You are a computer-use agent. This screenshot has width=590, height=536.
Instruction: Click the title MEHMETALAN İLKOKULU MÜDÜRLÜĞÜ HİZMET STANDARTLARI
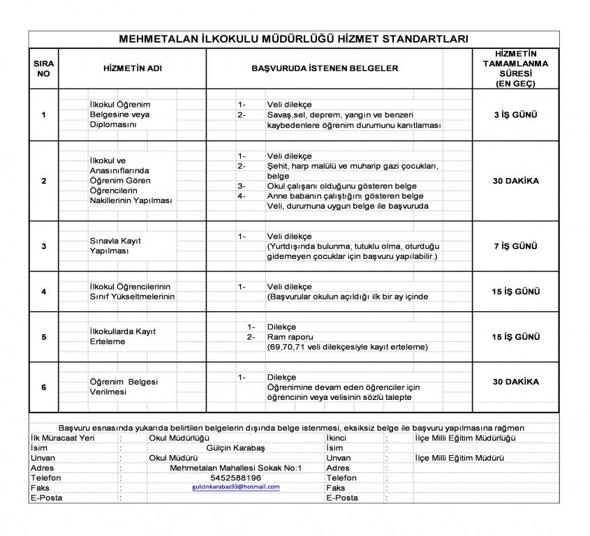coord(293,39)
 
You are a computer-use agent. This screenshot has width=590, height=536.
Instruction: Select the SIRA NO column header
coord(43,68)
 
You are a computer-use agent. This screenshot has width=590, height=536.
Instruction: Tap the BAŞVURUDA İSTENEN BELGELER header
coord(325,68)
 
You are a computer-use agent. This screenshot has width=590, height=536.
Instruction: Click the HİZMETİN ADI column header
coord(132,68)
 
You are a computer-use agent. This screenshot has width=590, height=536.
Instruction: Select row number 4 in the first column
coord(43,292)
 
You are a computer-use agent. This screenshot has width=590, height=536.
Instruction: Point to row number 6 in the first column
coord(43,387)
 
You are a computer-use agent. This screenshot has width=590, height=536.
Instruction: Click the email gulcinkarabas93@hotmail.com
coord(235,487)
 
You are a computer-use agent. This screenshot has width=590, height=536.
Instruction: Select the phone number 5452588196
coord(235,477)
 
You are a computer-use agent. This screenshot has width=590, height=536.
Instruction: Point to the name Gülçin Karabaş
coord(235,447)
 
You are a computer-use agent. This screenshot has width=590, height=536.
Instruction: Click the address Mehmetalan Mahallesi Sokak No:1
coord(235,468)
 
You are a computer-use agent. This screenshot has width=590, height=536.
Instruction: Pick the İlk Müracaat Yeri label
coord(62,438)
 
